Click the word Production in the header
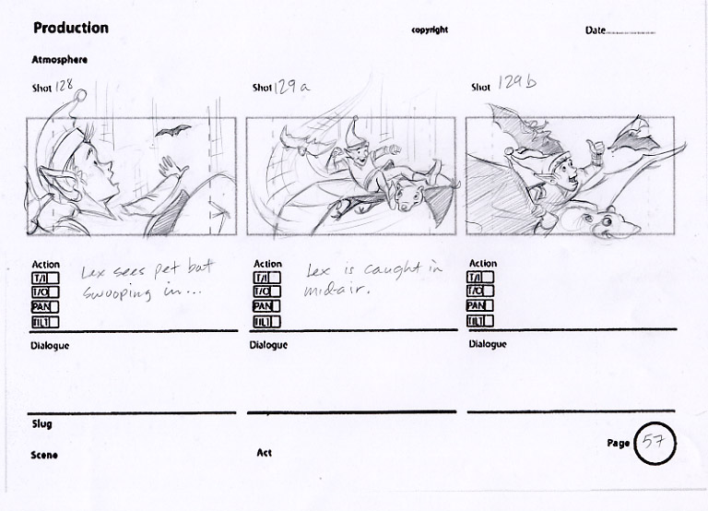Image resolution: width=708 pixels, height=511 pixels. click(x=71, y=28)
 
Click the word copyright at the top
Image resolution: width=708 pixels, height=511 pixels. click(x=430, y=30)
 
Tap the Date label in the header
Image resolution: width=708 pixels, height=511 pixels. click(x=595, y=30)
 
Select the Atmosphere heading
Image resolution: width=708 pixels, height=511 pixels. click(x=59, y=60)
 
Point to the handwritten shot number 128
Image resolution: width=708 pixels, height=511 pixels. click(x=65, y=86)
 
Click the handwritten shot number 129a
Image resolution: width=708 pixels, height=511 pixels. click(x=291, y=86)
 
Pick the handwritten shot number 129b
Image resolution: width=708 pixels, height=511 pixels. click(x=517, y=82)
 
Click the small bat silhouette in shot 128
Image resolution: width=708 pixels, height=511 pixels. click(x=172, y=131)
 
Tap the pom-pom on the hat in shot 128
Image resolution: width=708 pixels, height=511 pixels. click(x=80, y=95)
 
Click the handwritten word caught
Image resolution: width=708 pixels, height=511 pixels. click(x=393, y=269)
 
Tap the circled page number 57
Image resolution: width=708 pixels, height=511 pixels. click(x=655, y=443)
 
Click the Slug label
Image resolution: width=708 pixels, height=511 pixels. click(x=42, y=424)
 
